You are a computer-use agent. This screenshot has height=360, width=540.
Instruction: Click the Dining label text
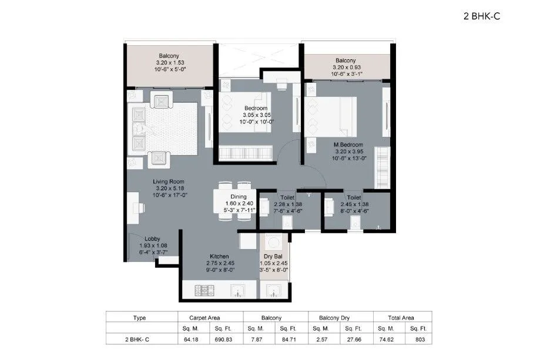[239, 197]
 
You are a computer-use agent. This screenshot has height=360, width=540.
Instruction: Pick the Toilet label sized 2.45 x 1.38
[353, 198]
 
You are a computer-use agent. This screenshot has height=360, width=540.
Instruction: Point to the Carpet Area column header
[204, 317]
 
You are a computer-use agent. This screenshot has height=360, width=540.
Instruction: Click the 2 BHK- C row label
[139, 339]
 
